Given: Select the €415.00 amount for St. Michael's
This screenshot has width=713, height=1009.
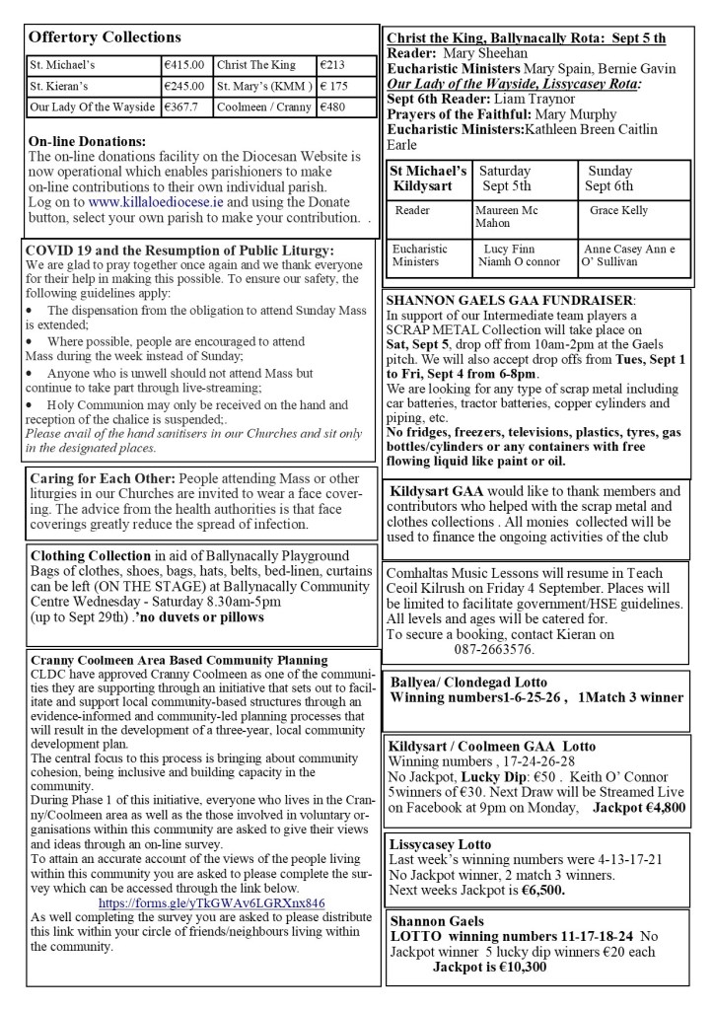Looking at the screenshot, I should (x=184, y=65).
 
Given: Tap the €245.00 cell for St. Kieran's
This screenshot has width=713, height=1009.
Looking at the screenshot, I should (x=184, y=86).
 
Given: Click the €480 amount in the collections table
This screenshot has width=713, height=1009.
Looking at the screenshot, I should (x=333, y=107).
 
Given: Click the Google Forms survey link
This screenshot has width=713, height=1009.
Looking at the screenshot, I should (x=212, y=901).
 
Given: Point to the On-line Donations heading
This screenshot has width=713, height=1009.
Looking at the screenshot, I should (x=87, y=141).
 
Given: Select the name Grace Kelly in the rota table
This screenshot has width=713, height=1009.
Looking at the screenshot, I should (x=619, y=211).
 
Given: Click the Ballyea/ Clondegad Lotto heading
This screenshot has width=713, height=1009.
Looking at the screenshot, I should (x=468, y=682).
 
